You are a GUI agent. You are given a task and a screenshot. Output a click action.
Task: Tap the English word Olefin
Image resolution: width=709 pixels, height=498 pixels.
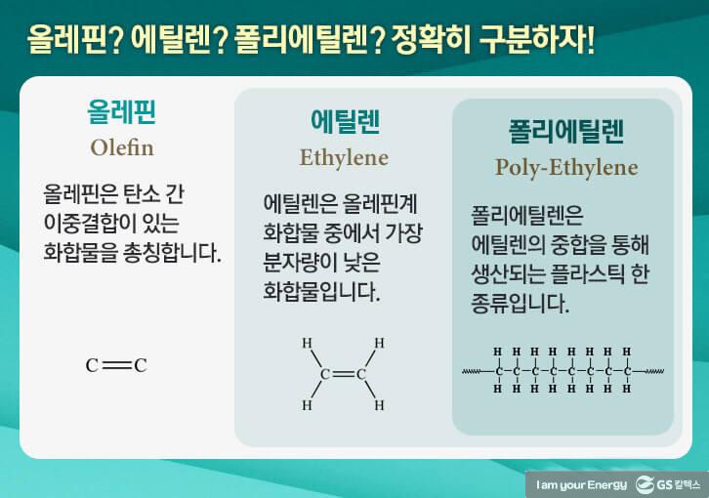point(122,149)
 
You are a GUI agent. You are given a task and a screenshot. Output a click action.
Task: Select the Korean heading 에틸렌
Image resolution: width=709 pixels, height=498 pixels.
point(344,123)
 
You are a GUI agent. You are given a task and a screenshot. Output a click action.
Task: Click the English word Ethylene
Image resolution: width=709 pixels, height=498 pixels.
point(344,157)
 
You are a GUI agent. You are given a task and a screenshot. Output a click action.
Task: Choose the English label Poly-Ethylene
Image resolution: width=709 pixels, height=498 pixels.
point(566,166)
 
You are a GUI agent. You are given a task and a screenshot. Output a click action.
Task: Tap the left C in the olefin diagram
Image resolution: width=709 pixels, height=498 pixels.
point(92,366)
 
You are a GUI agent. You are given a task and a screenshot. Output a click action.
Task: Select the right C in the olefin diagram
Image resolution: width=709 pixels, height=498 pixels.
point(141,366)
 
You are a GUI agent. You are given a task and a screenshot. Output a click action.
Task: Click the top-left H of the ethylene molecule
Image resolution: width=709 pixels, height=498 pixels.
point(307,343)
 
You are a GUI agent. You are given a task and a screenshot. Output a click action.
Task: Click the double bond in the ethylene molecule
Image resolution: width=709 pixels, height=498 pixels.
point(343,373)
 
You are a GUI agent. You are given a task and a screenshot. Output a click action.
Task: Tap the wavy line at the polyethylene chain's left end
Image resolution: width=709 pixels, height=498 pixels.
point(475,370)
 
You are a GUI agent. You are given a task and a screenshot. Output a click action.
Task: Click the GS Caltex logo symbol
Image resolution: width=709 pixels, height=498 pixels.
point(646,483)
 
